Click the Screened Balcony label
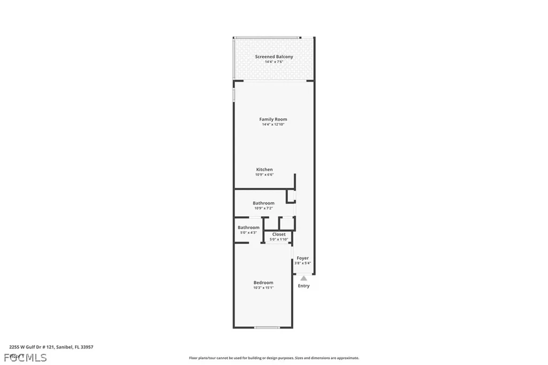273,57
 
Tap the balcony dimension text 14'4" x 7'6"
273,62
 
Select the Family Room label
273,119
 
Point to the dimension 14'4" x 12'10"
273,125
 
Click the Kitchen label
264,170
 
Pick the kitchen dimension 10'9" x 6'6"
264,175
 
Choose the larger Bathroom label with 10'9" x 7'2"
263,203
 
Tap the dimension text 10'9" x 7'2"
263,209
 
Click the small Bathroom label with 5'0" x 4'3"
248,227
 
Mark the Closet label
279,234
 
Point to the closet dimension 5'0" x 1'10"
279,240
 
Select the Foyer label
303,258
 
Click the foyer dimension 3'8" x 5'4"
303,263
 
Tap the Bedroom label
263,283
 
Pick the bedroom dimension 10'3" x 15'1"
263,288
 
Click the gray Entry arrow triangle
303,278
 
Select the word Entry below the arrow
303,286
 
